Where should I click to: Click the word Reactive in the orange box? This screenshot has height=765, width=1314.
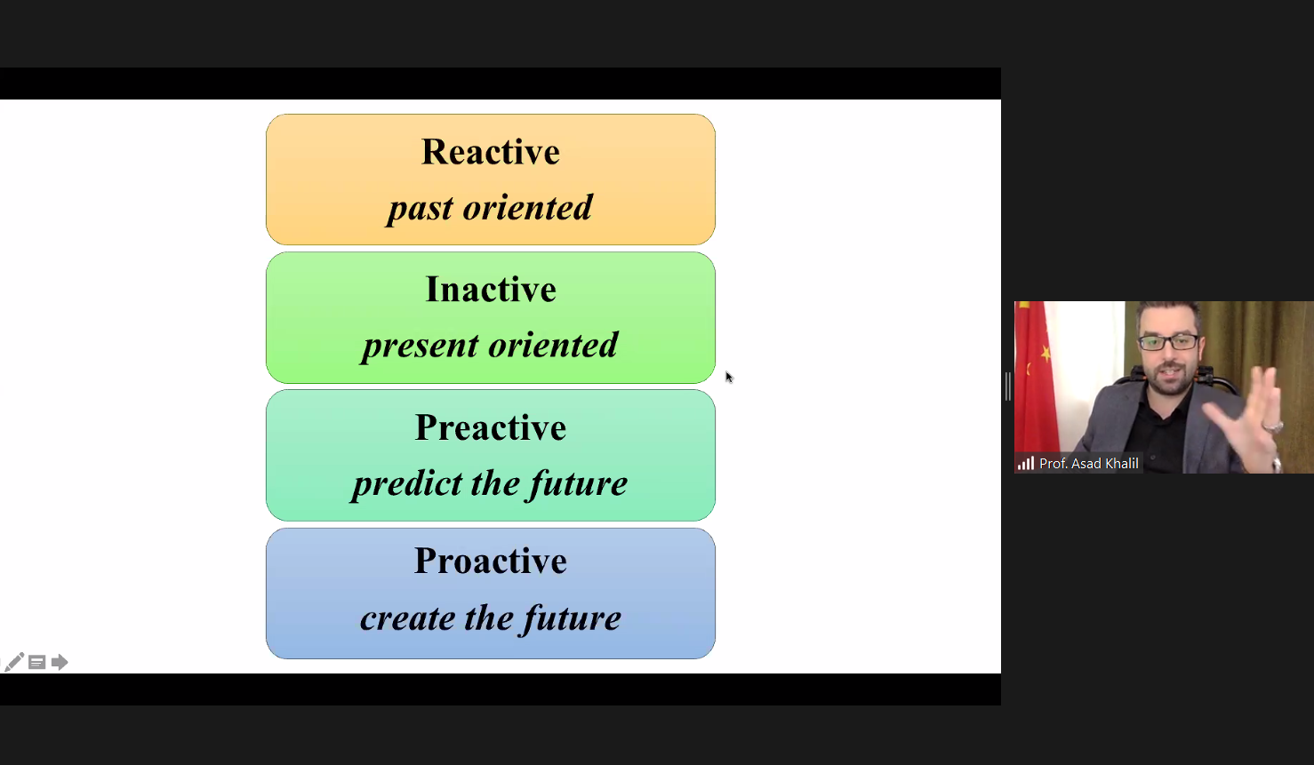(491, 152)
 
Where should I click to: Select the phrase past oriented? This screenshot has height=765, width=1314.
(490, 208)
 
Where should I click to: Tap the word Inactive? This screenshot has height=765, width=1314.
(491, 290)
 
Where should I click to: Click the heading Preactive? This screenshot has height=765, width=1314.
(491, 427)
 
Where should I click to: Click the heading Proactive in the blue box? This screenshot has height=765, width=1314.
(491, 561)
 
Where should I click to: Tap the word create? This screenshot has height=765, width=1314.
(408, 618)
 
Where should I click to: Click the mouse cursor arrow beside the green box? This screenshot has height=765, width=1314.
(729, 377)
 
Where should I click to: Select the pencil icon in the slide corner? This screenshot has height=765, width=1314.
(14, 662)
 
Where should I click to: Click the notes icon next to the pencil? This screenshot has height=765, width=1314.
(37, 662)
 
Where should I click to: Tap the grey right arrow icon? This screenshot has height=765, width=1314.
(60, 662)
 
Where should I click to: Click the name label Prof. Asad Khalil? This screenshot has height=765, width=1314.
(1088, 464)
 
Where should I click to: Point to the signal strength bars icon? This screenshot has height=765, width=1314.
(1026, 464)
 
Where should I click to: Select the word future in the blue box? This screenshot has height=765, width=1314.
(572, 618)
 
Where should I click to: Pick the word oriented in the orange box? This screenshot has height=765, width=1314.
(527, 208)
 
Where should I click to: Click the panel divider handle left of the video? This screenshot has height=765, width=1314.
(1008, 386)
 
